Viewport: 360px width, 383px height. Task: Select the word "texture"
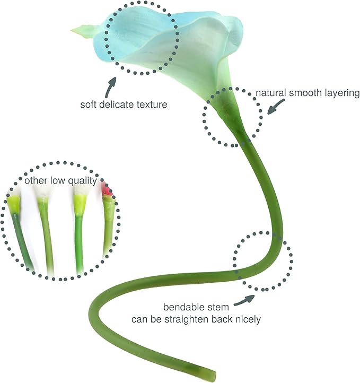point(152,105)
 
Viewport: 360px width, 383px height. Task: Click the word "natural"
point(271,93)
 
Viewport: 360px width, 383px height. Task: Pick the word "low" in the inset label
point(58,180)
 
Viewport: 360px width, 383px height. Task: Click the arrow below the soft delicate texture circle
point(110,88)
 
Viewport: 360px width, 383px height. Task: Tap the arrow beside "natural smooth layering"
point(276,107)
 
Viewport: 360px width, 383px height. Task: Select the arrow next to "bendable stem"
point(244,300)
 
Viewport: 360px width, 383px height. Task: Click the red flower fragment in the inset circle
point(107,189)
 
